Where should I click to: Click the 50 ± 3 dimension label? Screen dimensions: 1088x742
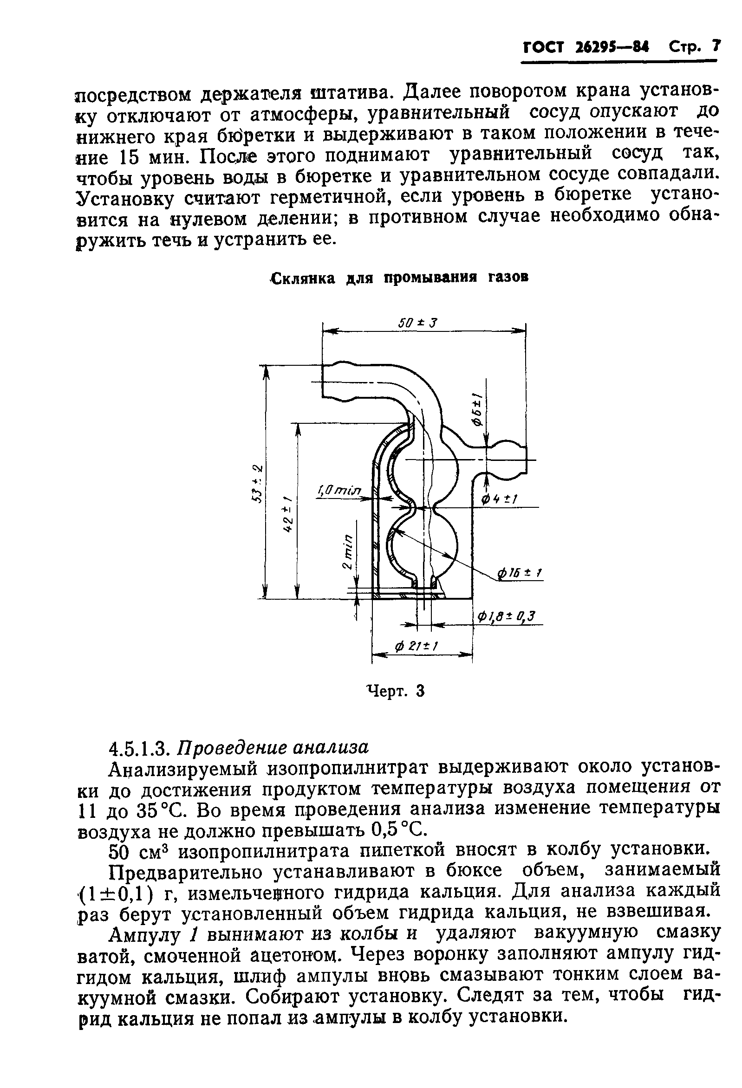click(x=417, y=323)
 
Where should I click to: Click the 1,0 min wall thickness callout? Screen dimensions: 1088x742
click(x=339, y=490)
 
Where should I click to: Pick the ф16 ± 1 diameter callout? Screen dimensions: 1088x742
click(x=521, y=573)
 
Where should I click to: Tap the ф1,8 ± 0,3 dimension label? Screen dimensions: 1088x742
click(x=507, y=617)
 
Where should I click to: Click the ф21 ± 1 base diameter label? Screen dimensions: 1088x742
click(x=417, y=647)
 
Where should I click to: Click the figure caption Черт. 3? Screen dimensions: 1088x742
click(x=395, y=691)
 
